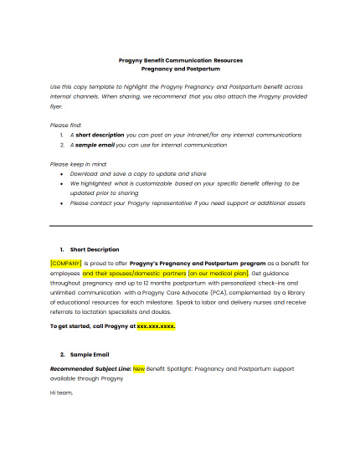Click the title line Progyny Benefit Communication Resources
[x=181, y=61]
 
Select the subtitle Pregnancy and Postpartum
[x=181, y=69]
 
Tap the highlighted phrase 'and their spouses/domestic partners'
[x=133, y=273]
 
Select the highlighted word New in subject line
[x=139, y=368]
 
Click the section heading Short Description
[x=95, y=249]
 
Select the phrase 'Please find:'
[x=66, y=124]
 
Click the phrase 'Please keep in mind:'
[x=79, y=164]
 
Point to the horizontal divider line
[x=180, y=225]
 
